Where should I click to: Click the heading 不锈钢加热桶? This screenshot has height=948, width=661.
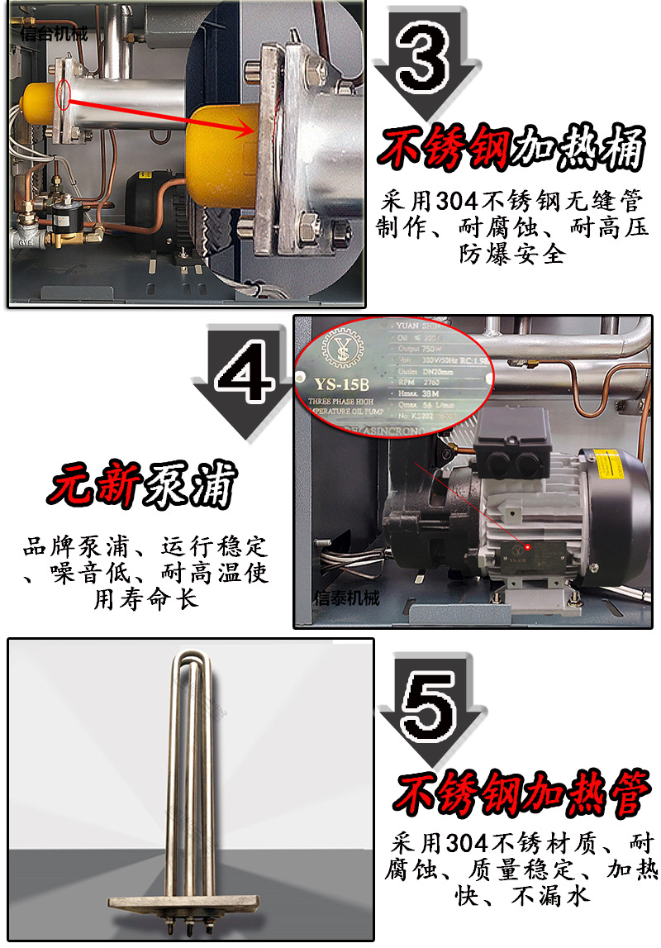[x=511, y=151]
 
